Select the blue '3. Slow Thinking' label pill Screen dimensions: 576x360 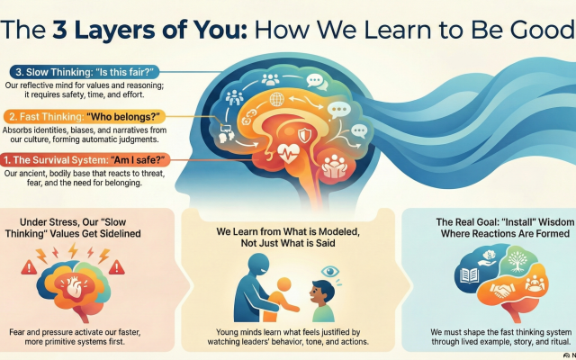pyautogui.click(x=85, y=72)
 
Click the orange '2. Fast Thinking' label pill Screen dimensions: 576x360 pyautogui.click(x=85, y=117)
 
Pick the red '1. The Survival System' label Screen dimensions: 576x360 pyautogui.click(x=85, y=160)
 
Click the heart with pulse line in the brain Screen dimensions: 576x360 pyautogui.click(x=288, y=153)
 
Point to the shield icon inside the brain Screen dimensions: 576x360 pyautogui.click(x=304, y=135)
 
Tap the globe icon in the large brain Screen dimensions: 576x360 pyautogui.click(x=276, y=99)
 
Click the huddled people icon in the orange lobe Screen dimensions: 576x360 pyautogui.click(x=334, y=166)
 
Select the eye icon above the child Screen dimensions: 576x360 pyautogui.click(x=330, y=272)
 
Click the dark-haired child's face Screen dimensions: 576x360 pyautogui.click(x=319, y=292)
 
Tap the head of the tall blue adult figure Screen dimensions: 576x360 pyautogui.click(x=258, y=264)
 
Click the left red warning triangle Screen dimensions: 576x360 pyautogui.click(x=29, y=267)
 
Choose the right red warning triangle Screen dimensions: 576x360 pyautogui.click(x=117, y=267)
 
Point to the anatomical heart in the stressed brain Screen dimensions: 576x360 pyautogui.click(x=74, y=286)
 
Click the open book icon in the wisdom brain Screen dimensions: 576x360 pyautogui.click(x=470, y=275)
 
